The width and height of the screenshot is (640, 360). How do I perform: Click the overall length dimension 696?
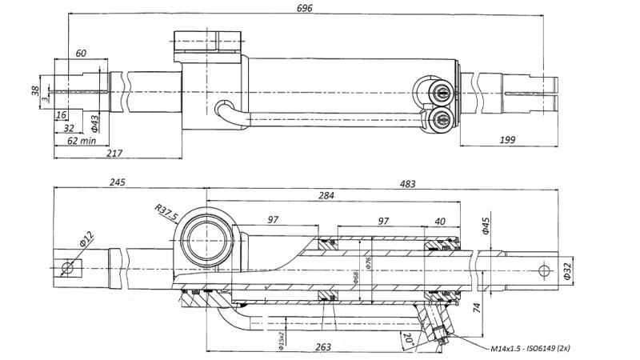click(x=304, y=8)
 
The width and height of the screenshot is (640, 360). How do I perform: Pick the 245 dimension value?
click(x=117, y=183)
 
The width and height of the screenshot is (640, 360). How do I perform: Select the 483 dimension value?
click(x=407, y=184)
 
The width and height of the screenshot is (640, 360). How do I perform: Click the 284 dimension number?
click(x=326, y=194)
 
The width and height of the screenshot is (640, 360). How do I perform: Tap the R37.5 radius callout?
click(x=165, y=214)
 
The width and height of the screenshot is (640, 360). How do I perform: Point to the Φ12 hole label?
click(x=86, y=238)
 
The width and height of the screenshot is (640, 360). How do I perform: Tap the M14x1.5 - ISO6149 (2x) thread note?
click(x=530, y=349)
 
